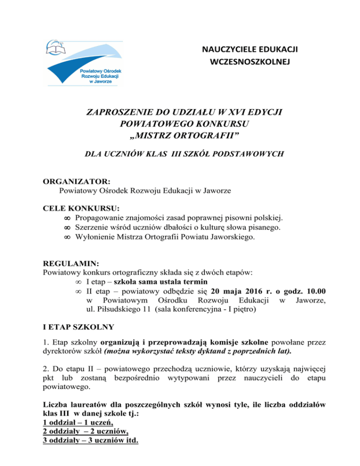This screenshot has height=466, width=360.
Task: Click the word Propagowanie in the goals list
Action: click(x=97, y=218)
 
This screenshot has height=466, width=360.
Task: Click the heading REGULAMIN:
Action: click(x=68, y=264)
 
